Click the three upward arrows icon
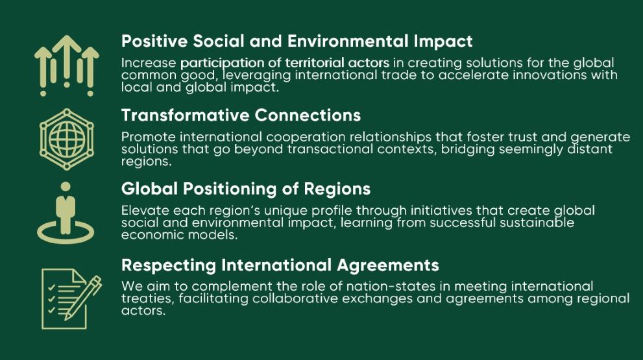(x=67, y=66)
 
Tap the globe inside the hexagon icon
(x=67, y=139)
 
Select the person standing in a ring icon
(x=66, y=213)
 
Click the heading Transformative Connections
(x=241, y=115)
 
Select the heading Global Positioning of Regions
(x=246, y=189)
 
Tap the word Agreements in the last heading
(x=388, y=265)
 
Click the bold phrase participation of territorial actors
(x=285, y=63)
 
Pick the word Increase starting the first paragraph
(x=149, y=63)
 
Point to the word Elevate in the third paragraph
(x=145, y=210)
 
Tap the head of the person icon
(x=66, y=187)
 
